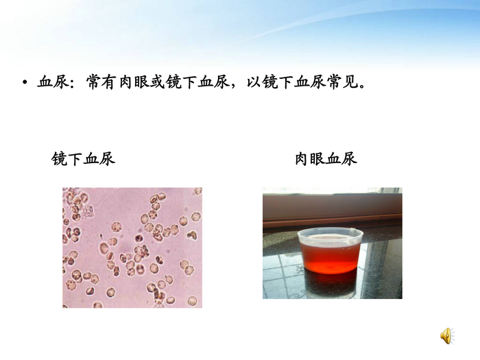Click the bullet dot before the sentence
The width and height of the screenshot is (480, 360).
pos(25,84)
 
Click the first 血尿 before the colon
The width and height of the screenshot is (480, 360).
pos(54,83)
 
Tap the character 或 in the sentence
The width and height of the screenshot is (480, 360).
pos(157,83)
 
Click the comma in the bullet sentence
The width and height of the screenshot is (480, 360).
pos(235,86)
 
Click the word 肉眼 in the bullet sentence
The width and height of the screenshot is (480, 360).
pos(133,83)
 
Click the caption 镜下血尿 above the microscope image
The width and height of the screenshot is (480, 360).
pos(83,159)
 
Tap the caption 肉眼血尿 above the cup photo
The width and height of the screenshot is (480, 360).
pos(326,159)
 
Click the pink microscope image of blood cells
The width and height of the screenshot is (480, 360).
pos(132,247)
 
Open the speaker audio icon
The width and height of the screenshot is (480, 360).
pos(446,335)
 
